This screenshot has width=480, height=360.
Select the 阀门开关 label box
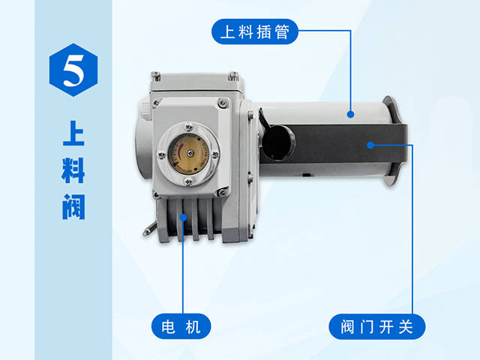coord(378,328)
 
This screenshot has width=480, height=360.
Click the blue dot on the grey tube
coord(351,114)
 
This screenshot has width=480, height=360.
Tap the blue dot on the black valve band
coord(369,144)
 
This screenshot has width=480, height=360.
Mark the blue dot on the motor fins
coord(182,218)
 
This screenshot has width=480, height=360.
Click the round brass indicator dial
coord(186,153)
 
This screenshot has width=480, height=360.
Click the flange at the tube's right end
coord(390,142)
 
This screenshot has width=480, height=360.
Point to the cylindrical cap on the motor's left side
coord(142,142)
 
